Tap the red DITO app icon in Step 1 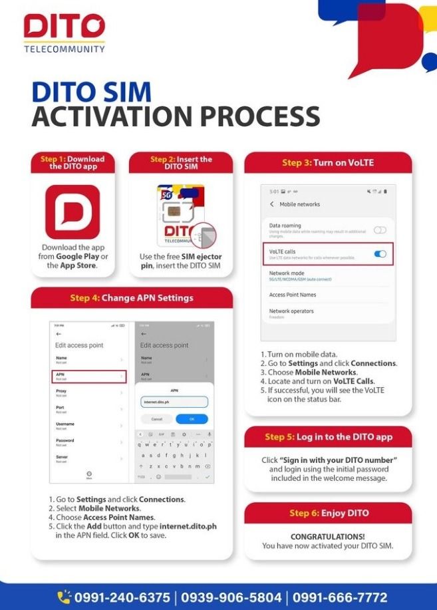73,212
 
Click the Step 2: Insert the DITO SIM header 181,163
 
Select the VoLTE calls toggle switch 380,253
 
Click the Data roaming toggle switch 380,229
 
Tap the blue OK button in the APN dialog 192,419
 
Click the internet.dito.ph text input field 174,402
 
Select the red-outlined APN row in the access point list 89,377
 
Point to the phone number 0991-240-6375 122,597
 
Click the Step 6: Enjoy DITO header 329,513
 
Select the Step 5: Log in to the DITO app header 329,437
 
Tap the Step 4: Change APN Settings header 132,297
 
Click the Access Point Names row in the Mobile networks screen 293,295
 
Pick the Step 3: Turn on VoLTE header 328,163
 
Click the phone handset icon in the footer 64,597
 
